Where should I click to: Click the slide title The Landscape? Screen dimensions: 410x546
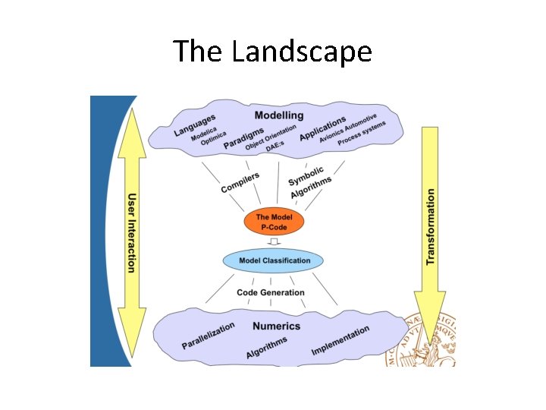point(272,52)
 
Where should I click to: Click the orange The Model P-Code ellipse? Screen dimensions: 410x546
point(273,221)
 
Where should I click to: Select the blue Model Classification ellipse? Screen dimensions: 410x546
point(273,260)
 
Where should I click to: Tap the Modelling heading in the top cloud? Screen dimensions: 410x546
point(278,115)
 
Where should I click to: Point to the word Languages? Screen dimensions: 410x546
point(194,125)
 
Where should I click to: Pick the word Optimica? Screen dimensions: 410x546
point(214,142)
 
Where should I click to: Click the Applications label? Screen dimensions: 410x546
point(322,128)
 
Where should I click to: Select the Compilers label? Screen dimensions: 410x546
point(240,182)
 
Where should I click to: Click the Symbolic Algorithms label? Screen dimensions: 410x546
point(309,183)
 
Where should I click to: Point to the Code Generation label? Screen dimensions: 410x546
point(271,292)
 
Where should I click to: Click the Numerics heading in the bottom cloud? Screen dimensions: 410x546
point(276,326)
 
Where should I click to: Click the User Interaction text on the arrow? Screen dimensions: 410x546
point(132,232)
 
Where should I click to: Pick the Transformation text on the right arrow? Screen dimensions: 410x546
point(431,226)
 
